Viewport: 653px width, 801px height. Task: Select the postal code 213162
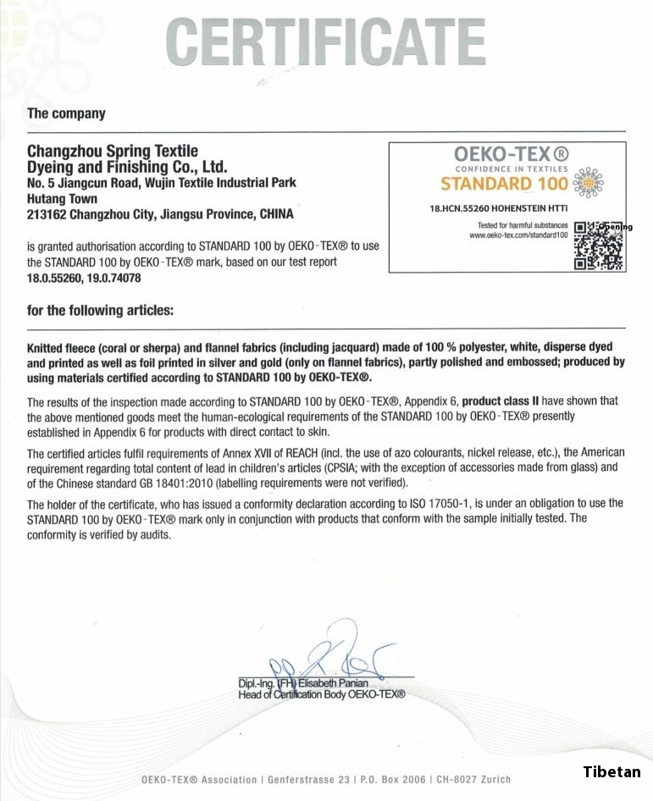[47, 214]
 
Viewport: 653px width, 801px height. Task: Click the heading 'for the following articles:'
[101, 311]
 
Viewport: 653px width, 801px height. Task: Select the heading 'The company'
[66, 113]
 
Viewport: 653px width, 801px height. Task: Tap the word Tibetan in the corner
[611, 771]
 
